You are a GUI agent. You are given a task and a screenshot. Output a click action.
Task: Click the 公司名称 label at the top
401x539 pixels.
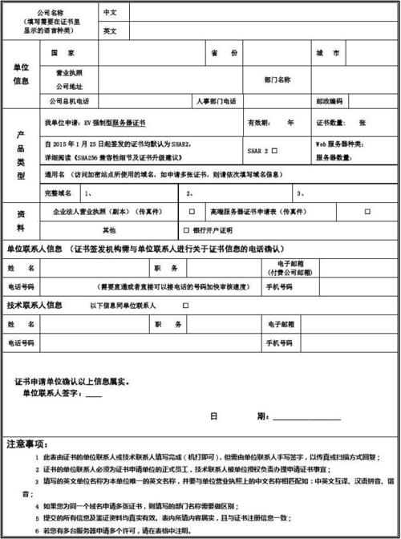coord(50,13)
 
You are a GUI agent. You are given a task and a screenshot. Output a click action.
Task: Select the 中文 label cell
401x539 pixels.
coord(110,13)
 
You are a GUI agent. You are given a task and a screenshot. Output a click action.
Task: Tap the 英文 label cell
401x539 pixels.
coord(110,31)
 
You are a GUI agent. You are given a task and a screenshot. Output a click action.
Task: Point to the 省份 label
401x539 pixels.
coord(225,53)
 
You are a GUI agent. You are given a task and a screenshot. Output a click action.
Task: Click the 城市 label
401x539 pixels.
coord(326,53)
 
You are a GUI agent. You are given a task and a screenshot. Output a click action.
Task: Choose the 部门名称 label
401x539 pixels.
coord(277,79)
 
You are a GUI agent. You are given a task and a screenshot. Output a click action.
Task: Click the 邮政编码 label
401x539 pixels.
coord(329,101)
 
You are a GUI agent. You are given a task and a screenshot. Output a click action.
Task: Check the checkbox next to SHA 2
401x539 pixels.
coord(274,150)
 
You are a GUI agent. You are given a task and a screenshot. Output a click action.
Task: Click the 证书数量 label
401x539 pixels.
coord(330,123)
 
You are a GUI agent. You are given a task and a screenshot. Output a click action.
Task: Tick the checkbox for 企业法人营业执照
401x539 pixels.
coord(191,213)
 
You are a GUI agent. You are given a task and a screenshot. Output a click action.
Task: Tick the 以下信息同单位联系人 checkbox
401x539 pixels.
coord(186,306)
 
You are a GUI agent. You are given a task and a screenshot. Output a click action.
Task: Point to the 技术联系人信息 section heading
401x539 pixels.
coord(34,306)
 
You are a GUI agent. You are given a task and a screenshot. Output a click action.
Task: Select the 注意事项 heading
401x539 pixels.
coord(26,443)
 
